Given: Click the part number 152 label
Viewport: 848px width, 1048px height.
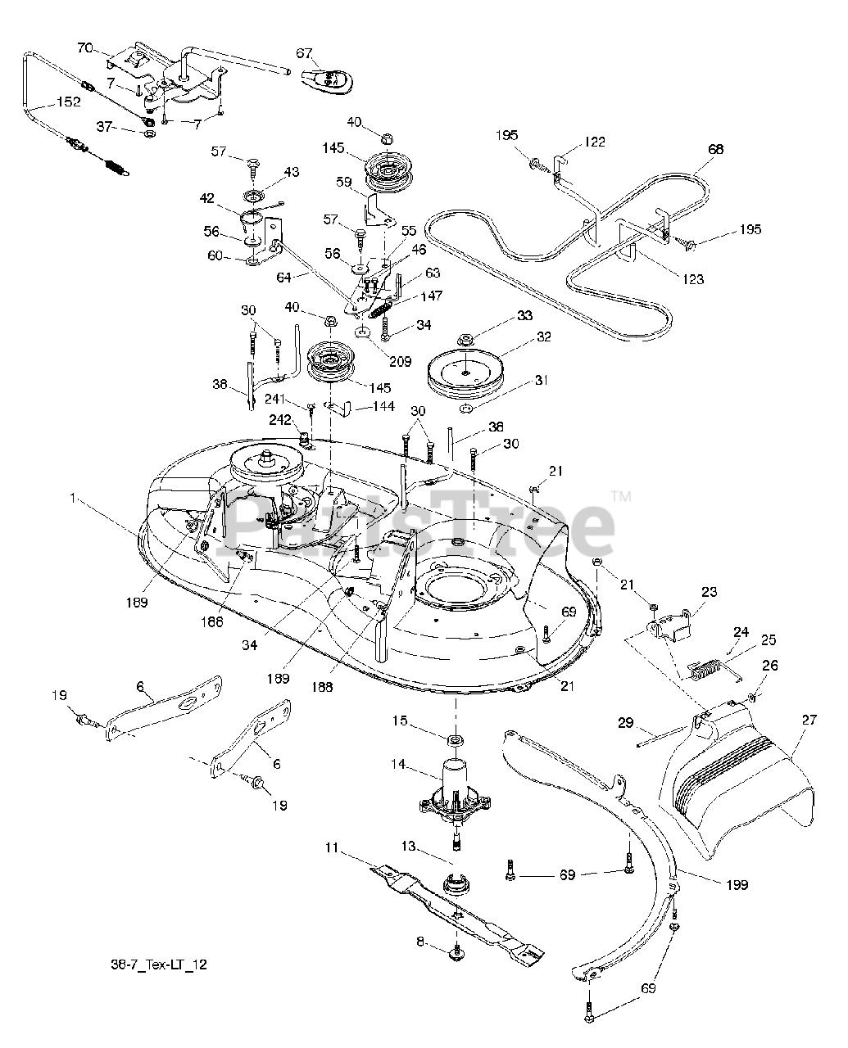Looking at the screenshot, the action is click(69, 102).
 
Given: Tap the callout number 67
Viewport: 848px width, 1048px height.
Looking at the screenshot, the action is click(304, 53).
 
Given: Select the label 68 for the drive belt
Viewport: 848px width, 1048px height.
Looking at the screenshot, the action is click(715, 149).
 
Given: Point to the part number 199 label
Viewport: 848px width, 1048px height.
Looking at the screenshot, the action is click(737, 884).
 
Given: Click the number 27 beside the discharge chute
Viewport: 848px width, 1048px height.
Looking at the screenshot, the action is click(809, 720).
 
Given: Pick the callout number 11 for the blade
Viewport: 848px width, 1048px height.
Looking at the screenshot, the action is click(332, 847).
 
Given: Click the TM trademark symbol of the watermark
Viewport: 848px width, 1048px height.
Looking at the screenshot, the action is click(621, 496).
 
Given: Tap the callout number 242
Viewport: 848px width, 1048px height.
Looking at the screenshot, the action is click(279, 420).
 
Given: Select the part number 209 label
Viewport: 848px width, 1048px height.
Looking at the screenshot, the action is click(400, 362).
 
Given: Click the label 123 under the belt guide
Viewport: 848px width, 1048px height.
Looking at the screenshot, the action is click(693, 279).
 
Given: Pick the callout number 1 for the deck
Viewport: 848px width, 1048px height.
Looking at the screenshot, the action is click(73, 499).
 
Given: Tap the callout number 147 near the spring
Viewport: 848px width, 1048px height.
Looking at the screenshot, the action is click(432, 296).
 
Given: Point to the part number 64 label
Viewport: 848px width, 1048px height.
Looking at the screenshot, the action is click(283, 278).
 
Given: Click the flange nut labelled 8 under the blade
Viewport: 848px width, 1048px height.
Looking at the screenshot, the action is click(456, 955).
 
